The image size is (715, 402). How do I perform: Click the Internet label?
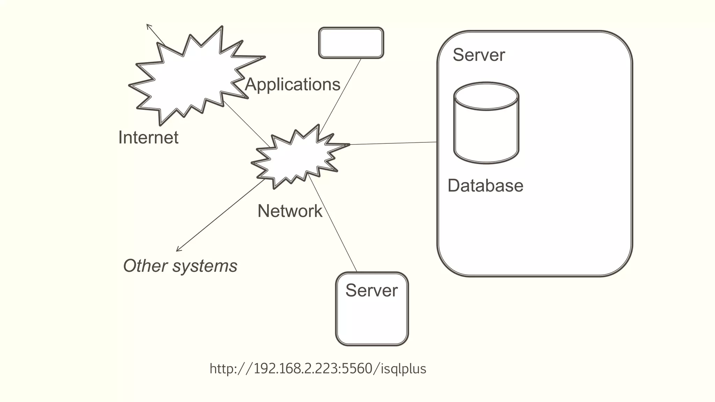point(148,137)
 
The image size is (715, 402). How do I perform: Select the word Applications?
point(293,84)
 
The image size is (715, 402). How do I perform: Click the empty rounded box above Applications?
point(351,43)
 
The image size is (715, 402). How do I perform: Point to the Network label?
point(290,211)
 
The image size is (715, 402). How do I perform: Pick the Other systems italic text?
point(180,266)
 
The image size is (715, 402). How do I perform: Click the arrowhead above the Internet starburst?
point(148,25)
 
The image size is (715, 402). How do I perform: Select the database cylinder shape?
point(486,133)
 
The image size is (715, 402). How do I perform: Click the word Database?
point(485,186)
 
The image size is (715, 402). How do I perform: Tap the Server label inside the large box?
point(479,55)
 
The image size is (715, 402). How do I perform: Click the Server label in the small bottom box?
point(371,291)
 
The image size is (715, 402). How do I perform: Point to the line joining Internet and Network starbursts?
point(246,124)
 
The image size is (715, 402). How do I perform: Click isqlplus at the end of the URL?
point(403,369)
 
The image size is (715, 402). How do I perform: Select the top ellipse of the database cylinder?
point(486,96)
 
